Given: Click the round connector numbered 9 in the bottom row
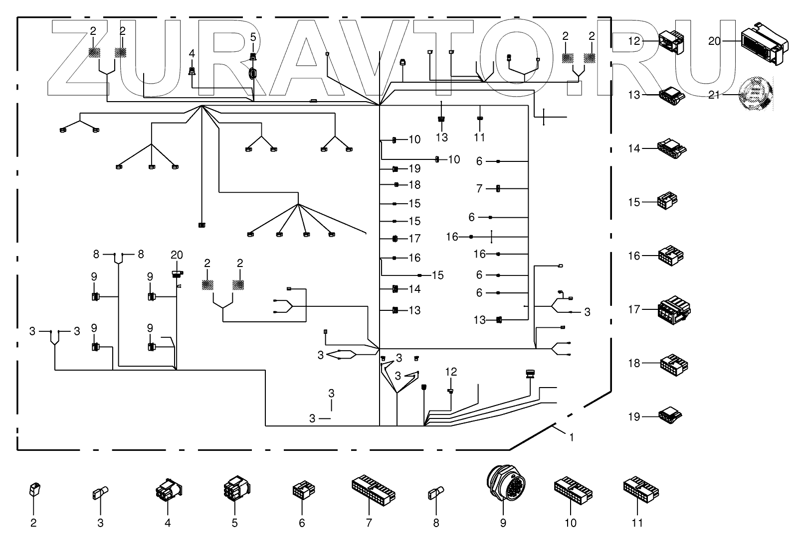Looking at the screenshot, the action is pos(506,483).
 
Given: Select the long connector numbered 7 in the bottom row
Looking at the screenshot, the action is pos(374,490).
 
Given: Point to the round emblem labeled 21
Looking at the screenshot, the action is pos(756,94).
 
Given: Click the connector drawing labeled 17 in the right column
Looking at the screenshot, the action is pos(674,310).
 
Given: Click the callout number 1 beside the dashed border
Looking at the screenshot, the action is pos(572,437).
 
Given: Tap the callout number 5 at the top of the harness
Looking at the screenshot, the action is pos(253,37).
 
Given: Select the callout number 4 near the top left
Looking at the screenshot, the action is pos(192,54).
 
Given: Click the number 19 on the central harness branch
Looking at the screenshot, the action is pos(414,168).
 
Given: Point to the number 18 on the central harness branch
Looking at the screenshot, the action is pos(414,185).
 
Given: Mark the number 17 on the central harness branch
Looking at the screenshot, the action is pos(414,238).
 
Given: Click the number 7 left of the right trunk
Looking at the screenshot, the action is pos(479,188).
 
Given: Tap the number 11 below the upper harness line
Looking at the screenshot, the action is pos(479,137).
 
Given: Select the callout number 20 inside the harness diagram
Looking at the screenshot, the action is pos(177,255).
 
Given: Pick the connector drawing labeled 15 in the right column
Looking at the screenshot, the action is pos(667,201).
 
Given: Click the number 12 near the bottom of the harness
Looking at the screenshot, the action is pos(451,372).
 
